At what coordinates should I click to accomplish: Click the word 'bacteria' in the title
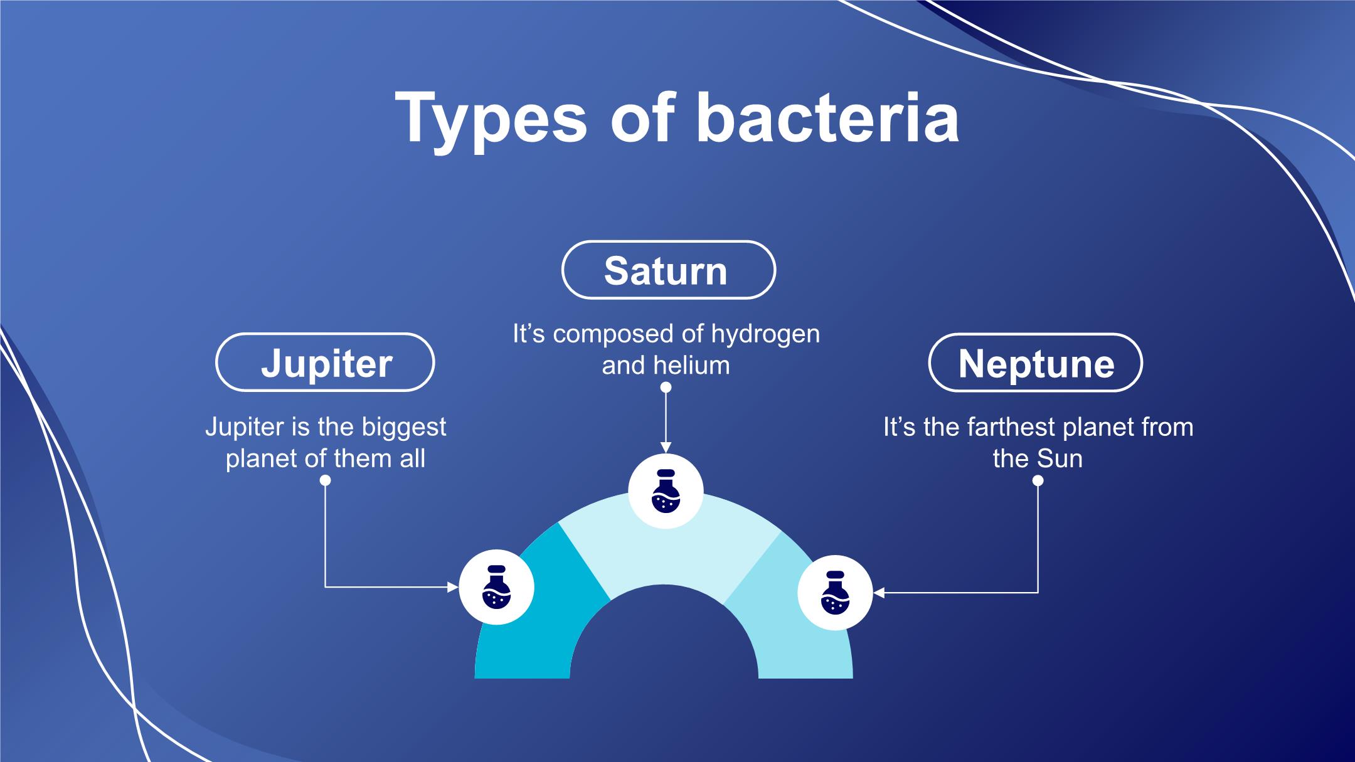point(827,118)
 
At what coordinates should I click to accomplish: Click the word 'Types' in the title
point(491,122)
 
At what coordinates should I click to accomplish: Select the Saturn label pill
point(668,270)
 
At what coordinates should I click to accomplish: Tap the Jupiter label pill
point(325,362)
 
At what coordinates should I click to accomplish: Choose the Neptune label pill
point(1035,362)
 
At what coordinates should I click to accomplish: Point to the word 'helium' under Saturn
point(692,365)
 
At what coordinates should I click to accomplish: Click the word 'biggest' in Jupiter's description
point(403,428)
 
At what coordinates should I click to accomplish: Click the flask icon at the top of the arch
point(666,491)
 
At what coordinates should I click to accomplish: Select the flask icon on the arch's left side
point(496,587)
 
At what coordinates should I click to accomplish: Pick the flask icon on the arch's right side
point(835,593)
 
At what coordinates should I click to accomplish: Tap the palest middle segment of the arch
point(668,546)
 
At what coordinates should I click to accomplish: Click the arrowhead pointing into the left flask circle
point(453,587)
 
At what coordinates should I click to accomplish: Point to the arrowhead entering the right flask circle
point(879,593)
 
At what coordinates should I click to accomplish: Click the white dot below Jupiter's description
point(325,480)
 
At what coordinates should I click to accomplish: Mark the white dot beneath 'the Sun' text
point(1038,480)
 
